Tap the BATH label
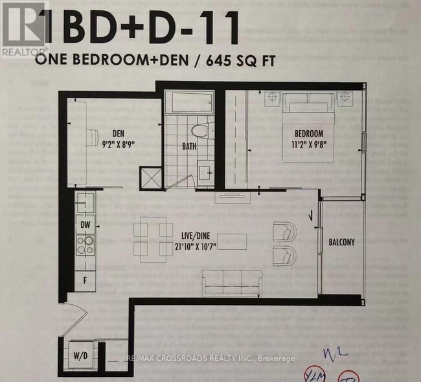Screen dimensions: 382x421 [188, 146]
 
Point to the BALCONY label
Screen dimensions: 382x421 [341, 242]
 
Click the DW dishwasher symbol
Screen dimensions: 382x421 [85, 224]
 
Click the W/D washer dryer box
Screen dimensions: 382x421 [81, 354]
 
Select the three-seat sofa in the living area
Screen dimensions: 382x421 [232, 282]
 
